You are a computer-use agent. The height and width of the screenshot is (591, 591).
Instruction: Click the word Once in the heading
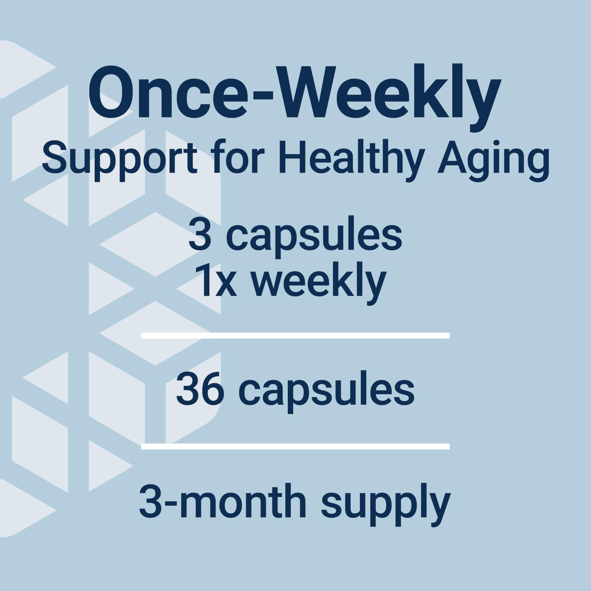click(168, 92)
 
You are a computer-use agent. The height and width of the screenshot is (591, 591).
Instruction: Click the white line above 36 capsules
click(295, 336)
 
